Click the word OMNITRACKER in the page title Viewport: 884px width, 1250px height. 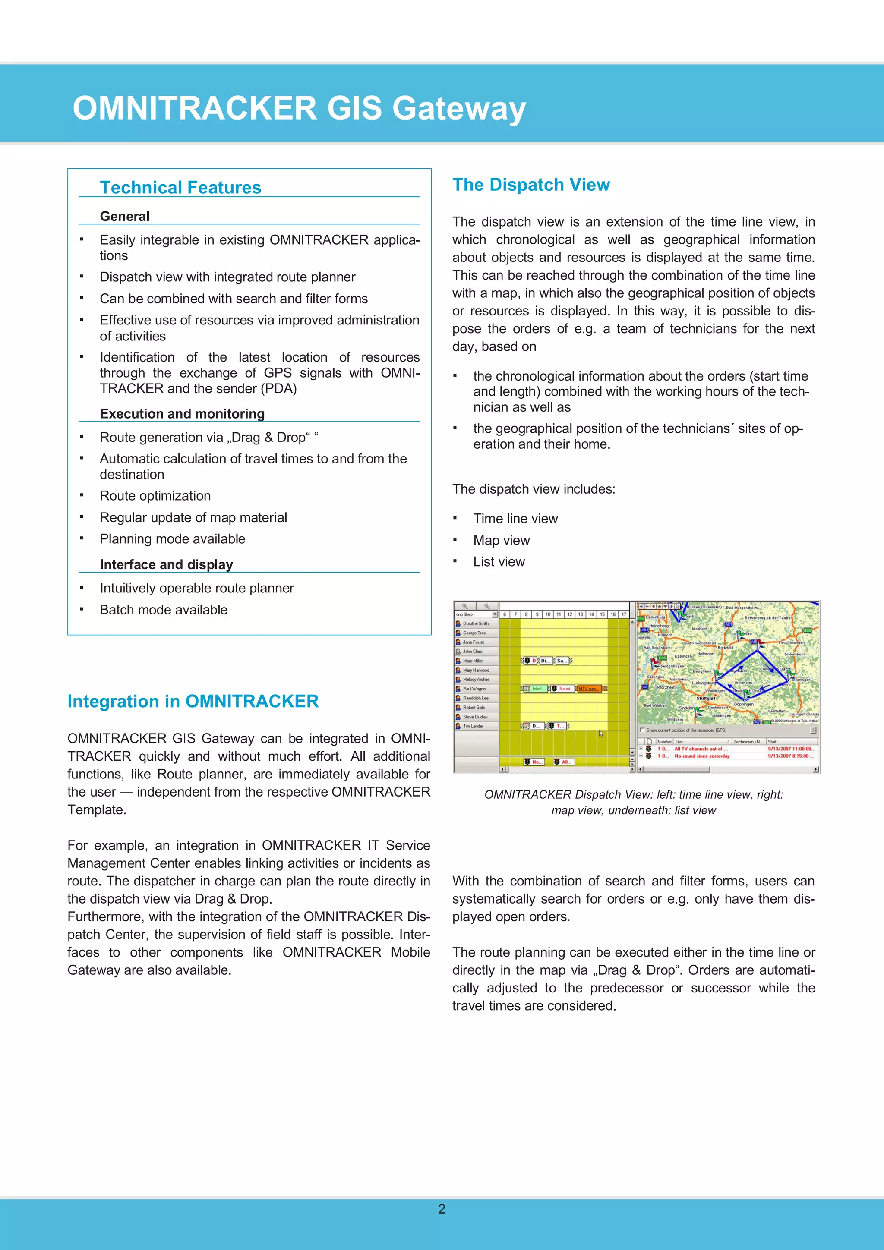(x=194, y=108)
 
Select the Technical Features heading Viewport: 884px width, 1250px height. (x=180, y=187)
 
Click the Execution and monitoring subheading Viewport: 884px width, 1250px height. (x=182, y=414)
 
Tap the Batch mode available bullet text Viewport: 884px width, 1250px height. (x=164, y=610)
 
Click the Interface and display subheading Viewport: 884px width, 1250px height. (x=166, y=564)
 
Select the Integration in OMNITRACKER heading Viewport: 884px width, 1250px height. (x=193, y=701)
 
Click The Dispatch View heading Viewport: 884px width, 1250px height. (x=530, y=185)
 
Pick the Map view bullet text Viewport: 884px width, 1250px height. (x=501, y=540)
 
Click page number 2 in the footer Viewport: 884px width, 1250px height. (x=442, y=1209)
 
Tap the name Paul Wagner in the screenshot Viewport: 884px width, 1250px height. (x=474, y=689)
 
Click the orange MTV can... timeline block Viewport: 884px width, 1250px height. (x=588, y=689)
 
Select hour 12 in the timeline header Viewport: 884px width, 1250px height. (x=569, y=614)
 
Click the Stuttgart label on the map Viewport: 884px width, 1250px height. (x=706, y=698)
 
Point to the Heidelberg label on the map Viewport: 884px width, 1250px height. (x=659, y=626)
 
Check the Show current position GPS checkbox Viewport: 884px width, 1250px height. (x=642, y=730)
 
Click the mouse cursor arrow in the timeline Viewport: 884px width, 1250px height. (x=601, y=734)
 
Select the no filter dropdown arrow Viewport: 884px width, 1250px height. (x=495, y=614)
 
